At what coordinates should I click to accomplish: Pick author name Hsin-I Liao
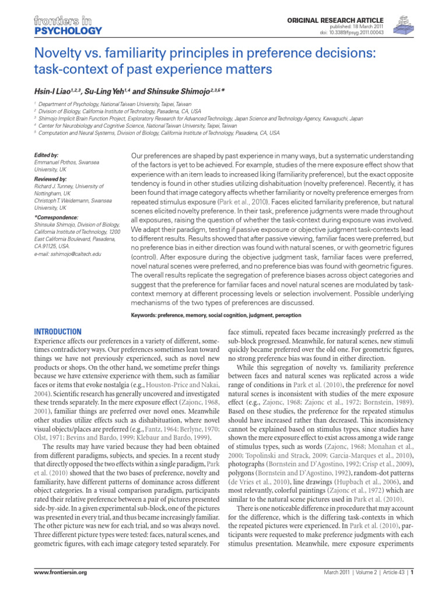pos(55,93)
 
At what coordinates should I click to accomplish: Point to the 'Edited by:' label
pos(47,155)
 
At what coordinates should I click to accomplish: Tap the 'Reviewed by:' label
pos(51,178)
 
